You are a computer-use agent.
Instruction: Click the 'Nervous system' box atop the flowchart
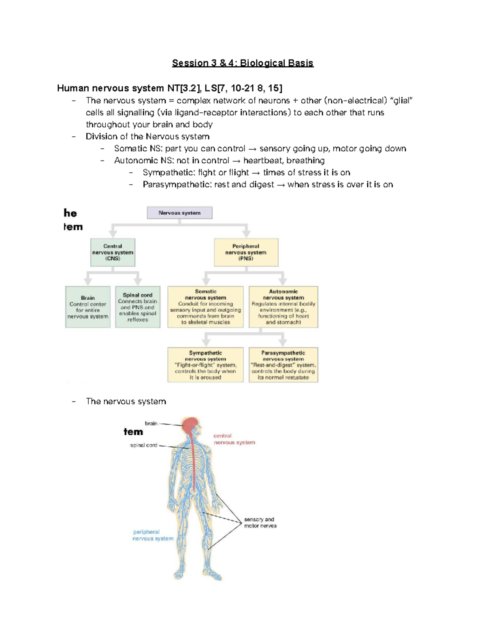coord(179,213)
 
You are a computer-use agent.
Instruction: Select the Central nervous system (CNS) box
coord(113,252)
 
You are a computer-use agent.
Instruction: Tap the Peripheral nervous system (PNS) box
coord(246,252)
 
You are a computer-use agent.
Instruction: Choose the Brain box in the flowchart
coord(88,307)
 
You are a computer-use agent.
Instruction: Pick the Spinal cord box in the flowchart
coord(138,307)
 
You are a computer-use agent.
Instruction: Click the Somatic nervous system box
coord(205,307)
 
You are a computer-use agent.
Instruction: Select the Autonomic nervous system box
coord(283,307)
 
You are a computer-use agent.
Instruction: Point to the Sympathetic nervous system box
coord(205,365)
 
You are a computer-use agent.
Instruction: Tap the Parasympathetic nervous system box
coord(283,365)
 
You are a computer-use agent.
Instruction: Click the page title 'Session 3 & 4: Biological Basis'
coord(243,63)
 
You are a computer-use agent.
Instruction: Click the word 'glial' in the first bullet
coord(402,101)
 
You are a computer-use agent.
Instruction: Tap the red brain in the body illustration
coord(190,425)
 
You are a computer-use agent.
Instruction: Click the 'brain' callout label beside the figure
coord(151,423)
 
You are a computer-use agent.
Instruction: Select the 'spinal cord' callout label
coord(143,445)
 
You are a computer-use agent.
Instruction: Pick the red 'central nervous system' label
coord(234,439)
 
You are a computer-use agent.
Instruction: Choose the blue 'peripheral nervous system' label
coord(153,535)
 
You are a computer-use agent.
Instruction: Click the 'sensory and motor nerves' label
coord(260,522)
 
